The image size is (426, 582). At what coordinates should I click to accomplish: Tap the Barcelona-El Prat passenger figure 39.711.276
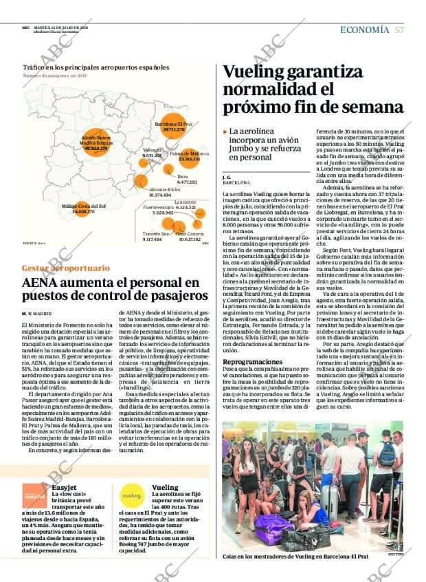tap(174, 129)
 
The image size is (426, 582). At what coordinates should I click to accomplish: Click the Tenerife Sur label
tap(156, 233)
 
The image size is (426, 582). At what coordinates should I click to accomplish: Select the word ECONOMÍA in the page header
tap(364, 30)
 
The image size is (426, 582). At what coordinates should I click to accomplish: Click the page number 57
tap(399, 30)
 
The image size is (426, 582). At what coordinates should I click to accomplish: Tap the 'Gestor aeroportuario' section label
tap(65, 268)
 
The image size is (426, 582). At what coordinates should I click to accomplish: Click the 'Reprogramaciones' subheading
tap(252, 361)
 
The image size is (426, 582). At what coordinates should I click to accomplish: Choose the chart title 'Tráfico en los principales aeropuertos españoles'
tap(96, 67)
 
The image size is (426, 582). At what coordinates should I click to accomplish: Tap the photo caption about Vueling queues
tap(295, 556)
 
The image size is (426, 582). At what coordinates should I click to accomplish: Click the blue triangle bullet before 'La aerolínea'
tap(225, 131)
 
